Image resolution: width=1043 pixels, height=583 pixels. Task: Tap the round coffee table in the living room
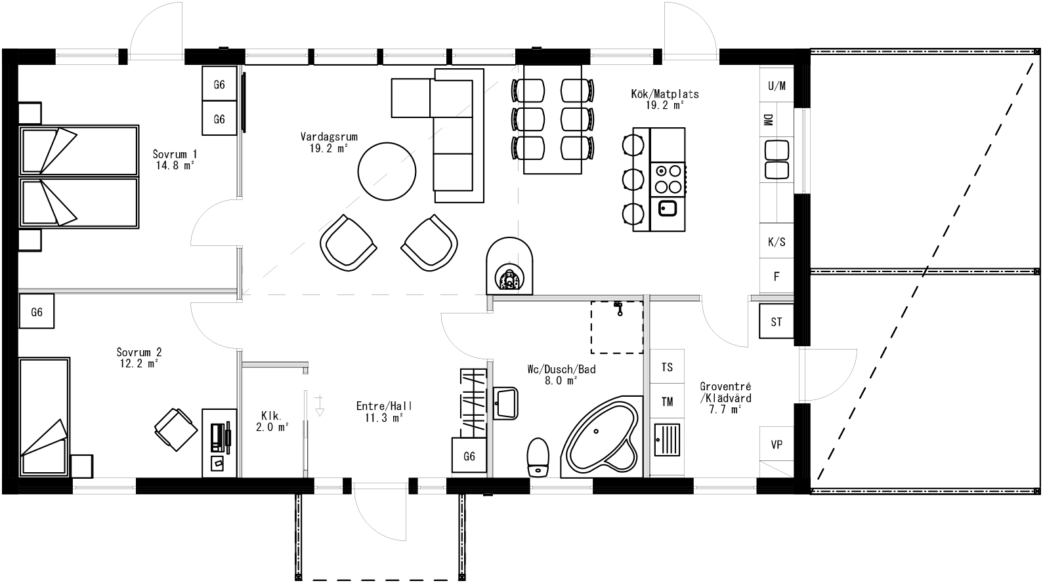[387, 172]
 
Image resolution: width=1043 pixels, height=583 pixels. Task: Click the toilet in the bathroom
[538, 456]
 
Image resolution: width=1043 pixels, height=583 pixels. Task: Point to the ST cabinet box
[777, 322]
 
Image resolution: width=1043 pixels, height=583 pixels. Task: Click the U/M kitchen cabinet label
[777, 86]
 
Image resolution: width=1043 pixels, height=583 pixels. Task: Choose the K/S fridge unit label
[777, 242]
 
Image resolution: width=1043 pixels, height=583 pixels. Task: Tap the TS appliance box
[667, 367]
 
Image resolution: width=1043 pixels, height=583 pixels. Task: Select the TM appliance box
[667, 402]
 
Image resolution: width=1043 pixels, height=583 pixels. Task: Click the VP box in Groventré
[777, 445]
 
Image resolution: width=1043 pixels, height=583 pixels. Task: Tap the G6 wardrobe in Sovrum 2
[37, 312]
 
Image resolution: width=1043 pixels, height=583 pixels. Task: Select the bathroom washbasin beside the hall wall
[506, 402]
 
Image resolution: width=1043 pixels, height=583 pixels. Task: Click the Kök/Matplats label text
[665, 94]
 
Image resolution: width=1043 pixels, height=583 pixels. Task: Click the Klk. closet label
[272, 416]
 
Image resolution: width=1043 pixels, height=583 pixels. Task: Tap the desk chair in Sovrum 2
[176, 429]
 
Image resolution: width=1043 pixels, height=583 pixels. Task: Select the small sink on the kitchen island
[668, 209]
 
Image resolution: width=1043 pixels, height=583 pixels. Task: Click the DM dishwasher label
[768, 120]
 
